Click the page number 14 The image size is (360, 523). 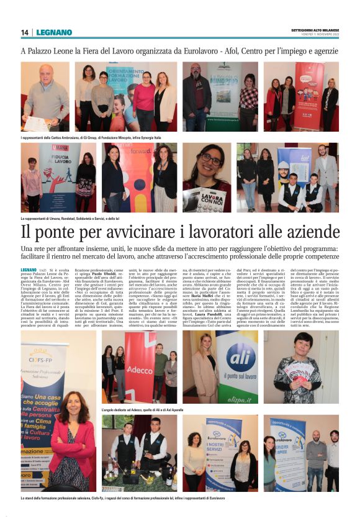[x=25, y=32]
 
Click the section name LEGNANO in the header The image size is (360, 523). [x=54, y=32]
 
